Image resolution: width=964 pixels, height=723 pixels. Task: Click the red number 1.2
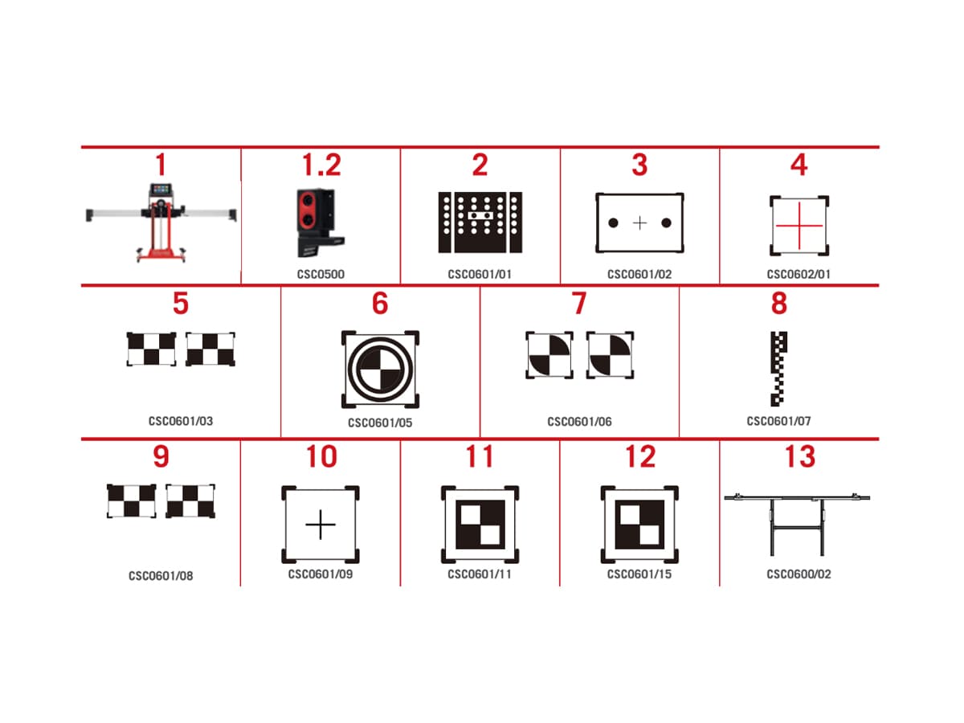click(x=321, y=165)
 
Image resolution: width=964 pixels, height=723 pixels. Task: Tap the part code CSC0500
click(x=321, y=275)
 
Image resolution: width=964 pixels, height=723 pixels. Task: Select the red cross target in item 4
click(x=799, y=226)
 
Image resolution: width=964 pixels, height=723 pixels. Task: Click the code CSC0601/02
click(x=639, y=275)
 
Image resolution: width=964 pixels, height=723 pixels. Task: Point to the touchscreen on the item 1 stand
click(x=161, y=190)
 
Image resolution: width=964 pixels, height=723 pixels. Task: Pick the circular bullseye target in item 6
click(x=380, y=370)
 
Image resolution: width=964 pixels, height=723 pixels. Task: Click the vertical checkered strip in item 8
click(x=778, y=369)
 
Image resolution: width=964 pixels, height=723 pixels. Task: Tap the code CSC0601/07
click(x=778, y=421)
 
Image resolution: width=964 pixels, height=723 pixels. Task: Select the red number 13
click(x=799, y=456)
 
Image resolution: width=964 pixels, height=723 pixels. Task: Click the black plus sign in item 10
click(x=321, y=524)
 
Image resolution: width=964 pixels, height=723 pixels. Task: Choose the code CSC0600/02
click(x=799, y=574)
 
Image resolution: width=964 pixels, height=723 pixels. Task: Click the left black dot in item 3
click(x=614, y=223)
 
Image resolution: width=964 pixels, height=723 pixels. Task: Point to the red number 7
click(x=579, y=303)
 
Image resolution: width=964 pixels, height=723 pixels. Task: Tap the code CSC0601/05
click(x=380, y=423)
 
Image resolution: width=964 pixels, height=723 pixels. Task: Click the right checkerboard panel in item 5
click(x=210, y=349)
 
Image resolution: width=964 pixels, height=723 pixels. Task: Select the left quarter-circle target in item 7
click(x=549, y=355)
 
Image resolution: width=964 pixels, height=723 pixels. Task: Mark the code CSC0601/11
click(x=480, y=574)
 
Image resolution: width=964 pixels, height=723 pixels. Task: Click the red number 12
click(x=640, y=456)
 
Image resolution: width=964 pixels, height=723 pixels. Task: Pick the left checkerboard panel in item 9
click(x=131, y=500)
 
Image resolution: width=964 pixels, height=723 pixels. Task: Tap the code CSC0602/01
click(x=799, y=275)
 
